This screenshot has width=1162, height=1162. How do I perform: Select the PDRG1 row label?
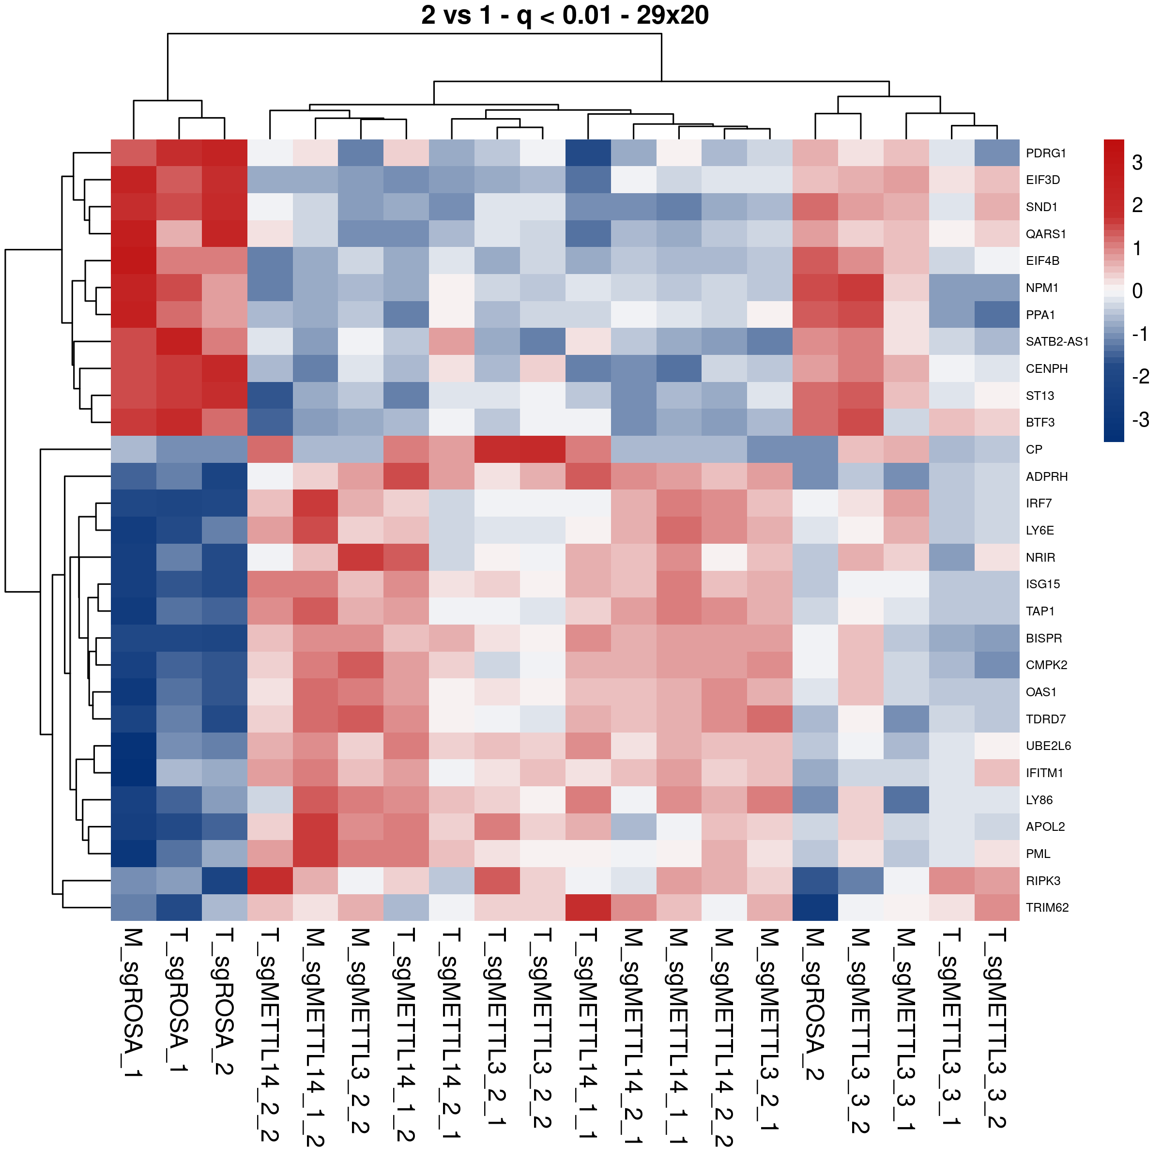click(x=1045, y=153)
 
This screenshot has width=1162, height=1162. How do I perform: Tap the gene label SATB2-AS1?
click(x=1057, y=342)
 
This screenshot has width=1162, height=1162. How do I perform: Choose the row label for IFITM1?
click(x=1044, y=773)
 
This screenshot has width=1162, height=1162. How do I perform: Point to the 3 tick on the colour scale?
click(x=1137, y=162)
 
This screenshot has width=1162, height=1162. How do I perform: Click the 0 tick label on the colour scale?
click(x=1137, y=291)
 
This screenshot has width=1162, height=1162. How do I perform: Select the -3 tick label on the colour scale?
click(x=1140, y=419)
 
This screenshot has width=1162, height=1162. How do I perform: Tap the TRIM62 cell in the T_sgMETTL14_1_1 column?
click(x=588, y=908)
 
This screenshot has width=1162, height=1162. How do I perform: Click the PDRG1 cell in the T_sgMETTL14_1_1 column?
click(x=588, y=153)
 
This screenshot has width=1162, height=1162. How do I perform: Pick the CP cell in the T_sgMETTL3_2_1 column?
click(x=497, y=449)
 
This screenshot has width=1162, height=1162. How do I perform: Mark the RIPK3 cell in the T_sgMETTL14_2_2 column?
click(x=270, y=881)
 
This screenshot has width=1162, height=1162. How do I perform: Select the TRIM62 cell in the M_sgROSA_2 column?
click(x=815, y=908)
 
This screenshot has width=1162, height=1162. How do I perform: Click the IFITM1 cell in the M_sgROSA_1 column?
click(x=134, y=773)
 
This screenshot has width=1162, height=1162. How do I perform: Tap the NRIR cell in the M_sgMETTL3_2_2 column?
click(x=361, y=557)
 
